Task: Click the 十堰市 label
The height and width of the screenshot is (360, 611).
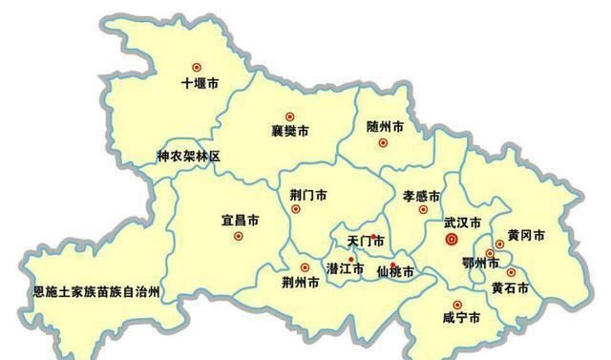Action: tap(200, 84)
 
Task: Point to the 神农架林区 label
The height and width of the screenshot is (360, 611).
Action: tap(188, 156)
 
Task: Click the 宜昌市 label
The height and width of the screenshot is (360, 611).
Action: tap(240, 221)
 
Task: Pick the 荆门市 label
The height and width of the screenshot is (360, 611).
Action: tap(307, 194)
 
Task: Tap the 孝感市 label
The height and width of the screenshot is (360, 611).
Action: tap(421, 195)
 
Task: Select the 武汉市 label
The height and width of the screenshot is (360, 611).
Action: tap(462, 222)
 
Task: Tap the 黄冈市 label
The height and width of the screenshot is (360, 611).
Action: tap(526, 235)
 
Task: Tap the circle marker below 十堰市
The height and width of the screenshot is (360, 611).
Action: tap(197, 67)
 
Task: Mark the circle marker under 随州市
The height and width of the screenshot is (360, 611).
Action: tap(383, 143)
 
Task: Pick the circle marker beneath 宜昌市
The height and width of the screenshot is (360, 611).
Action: tap(239, 236)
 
